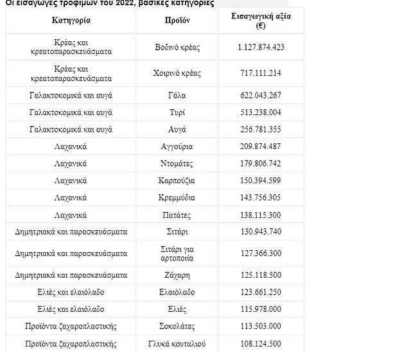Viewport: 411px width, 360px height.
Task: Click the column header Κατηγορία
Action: [x=71, y=20]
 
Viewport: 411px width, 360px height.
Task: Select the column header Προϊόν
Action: [x=177, y=20]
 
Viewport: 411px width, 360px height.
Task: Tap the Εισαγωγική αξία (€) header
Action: [x=261, y=21]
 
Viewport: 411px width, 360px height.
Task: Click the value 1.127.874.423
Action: [x=261, y=47]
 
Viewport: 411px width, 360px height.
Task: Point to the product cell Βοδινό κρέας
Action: [x=177, y=47]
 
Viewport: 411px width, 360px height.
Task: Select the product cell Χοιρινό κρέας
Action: [x=177, y=73]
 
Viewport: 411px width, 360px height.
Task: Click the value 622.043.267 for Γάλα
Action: [x=261, y=95]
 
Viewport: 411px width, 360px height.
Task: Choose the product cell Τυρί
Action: [x=177, y=113]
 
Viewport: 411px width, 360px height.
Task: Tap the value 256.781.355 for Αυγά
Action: [x=261, y=129]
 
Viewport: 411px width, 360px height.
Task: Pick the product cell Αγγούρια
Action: [x=177, y=147]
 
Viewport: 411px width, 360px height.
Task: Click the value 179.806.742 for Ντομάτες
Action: [x=261, y=163]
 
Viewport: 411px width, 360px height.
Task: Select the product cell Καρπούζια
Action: [x=177, y=181]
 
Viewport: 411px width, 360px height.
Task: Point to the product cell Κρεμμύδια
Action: [x=177, y=197]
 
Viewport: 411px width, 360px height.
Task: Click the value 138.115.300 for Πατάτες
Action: [x=261, y=215]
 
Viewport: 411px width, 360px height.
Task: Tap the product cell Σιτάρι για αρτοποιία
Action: [x=177, y=253]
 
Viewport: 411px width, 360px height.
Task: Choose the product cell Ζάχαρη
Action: [x=177, y=275]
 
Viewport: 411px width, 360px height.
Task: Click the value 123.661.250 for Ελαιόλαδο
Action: [x=261, y=292]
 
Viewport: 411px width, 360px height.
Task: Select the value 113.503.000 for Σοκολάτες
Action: [x=261, y=326]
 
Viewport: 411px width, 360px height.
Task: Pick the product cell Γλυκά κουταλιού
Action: [x=177, y=343]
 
